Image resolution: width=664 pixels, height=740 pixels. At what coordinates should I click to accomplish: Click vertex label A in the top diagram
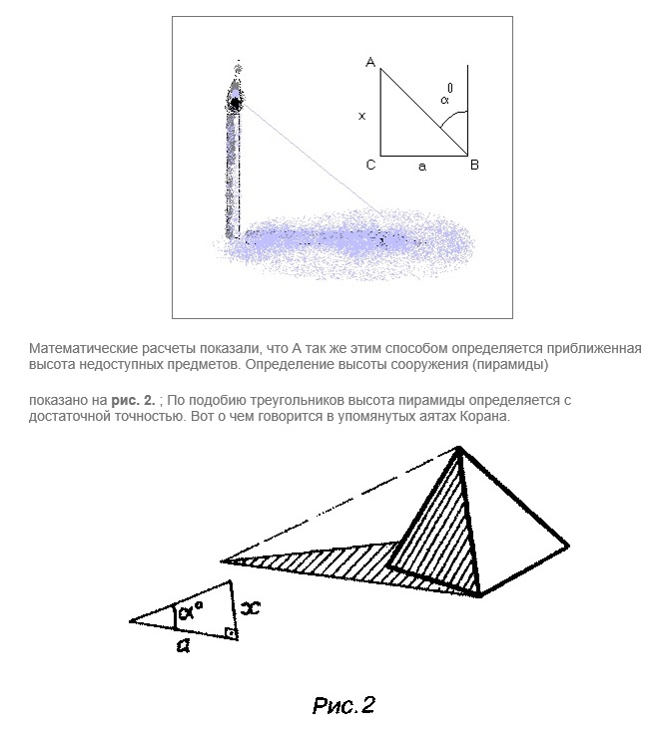(x=370, y=63)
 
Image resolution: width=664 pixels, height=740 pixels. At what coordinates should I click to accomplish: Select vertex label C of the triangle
(x=370, y=165)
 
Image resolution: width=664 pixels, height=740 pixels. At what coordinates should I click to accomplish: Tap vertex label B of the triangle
(x=474, y=165)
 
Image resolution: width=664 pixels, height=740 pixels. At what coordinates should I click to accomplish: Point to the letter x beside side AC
(x=361, y=116)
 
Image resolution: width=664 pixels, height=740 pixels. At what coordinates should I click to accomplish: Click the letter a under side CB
(x=422, y=168)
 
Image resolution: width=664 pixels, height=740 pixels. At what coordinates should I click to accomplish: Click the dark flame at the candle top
(x=236, y=101)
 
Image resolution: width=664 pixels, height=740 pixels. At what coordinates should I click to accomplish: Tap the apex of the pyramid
(x=458, y=450)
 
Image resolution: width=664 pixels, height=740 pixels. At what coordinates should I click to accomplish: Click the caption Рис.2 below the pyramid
(x=342, y=707)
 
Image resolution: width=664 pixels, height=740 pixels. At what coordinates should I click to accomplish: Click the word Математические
(x=81, y=348)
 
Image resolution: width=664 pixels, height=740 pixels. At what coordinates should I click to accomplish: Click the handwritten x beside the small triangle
(x=252, y=605)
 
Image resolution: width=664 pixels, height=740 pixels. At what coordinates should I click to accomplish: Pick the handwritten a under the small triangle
(x=183, y=646)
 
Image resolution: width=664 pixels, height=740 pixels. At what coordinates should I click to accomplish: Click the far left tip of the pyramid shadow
(x=223, y=560)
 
